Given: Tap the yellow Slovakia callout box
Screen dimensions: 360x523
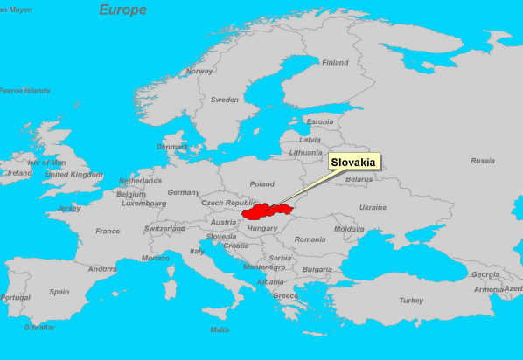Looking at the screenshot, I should click(354, 163).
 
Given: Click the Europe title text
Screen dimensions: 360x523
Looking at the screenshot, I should click(122, 10).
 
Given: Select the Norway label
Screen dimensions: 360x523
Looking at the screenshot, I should click(199, 72).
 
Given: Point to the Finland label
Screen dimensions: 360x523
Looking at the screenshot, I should click(334, 63).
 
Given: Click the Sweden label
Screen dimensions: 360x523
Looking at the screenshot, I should click(224, 100).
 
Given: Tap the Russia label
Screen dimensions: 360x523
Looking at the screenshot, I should click(482, 161).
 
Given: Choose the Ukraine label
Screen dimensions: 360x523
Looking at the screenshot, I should click(373, 208).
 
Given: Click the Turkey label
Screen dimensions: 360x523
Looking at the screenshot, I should click(411, 300).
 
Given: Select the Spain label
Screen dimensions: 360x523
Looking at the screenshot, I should click(59, 292).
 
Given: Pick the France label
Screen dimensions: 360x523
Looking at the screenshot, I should click(108, 232).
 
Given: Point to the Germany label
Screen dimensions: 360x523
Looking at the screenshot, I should click(184, 192).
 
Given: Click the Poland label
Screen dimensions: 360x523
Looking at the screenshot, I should click(261, 184).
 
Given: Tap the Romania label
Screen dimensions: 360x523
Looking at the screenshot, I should click(310, 239).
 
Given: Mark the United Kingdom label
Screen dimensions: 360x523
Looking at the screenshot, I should click(74, 175).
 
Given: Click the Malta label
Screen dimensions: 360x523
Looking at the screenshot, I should click(220, 329).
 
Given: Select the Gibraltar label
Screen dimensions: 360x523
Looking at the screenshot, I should click(38, 327).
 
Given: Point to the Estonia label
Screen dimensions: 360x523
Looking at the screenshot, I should click(320, 122).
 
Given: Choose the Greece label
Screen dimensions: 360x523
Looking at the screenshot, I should click(285, 295).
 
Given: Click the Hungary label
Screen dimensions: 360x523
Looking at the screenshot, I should click(262, 229).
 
